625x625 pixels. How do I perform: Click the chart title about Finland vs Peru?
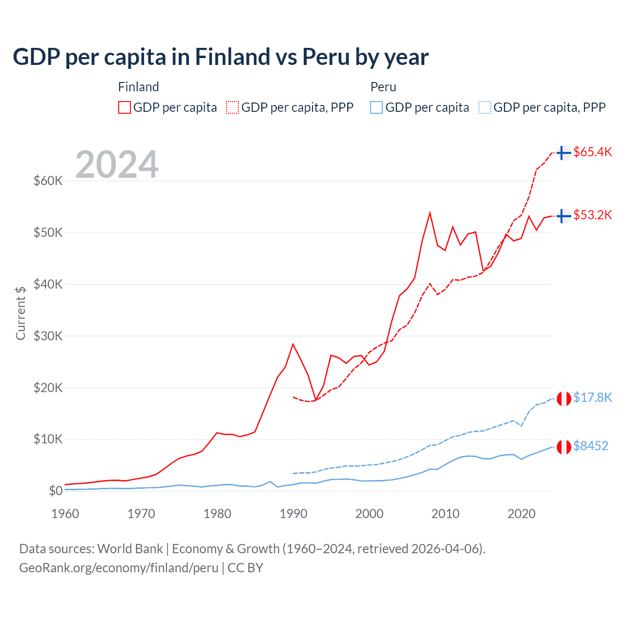point(220,57)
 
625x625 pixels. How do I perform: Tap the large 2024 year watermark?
point(117,165)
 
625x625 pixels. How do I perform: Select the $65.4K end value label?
point(592,152)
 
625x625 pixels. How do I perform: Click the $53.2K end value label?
point(592,215)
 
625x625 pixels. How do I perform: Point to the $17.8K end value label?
point(592,397)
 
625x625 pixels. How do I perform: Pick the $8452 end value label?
point(590,446)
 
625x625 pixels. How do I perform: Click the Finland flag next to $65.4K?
point(564,153)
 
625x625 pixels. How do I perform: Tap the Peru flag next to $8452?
point(564,447)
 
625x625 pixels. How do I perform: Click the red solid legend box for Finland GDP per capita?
point(125,107)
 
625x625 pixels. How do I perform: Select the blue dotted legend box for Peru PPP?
point(485,107)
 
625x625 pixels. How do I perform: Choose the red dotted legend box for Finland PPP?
point(232,107)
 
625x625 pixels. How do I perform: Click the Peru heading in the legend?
point(383,87)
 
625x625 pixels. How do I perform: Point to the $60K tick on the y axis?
point(48,181)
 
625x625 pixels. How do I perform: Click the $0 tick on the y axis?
point(56,491)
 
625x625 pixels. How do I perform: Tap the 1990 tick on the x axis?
point(293,514)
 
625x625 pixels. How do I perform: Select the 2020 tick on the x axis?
point(521,514)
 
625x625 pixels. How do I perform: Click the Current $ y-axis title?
point(21,313)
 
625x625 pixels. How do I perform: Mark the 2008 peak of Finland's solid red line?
point(430,213)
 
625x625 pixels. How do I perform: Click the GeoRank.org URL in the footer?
point(119,568)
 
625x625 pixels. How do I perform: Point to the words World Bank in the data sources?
point(130,549)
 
